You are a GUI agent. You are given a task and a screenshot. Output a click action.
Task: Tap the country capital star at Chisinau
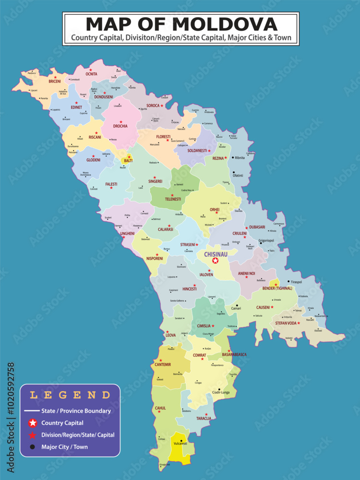click(x=216, y=261)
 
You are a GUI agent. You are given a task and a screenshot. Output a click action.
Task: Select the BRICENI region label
click(x=55, y=82)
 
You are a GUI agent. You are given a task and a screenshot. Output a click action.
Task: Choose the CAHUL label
click(x=160, y=408)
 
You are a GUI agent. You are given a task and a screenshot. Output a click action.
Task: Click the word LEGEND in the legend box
click(x=70, y=396)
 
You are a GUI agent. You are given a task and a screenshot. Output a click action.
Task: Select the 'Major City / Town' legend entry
click(x=64, y=447)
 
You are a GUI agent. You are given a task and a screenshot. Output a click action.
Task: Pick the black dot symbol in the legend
click(x=32, y=447)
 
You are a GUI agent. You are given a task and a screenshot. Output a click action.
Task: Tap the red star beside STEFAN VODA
click(x=299, y=323)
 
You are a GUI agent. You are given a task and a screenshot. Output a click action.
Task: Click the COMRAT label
click(x=199, y=355)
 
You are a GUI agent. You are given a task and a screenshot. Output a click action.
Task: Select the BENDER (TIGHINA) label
click(x=278, y=288)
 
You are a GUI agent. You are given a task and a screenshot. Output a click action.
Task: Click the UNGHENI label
click(x=127, y=233)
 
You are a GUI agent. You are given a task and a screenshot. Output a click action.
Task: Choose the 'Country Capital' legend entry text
click(x=62, y=423)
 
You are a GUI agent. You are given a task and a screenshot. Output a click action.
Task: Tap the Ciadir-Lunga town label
click(x=221, y=393)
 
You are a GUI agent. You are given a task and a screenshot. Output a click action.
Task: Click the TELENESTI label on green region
click(x=173, y=199)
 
